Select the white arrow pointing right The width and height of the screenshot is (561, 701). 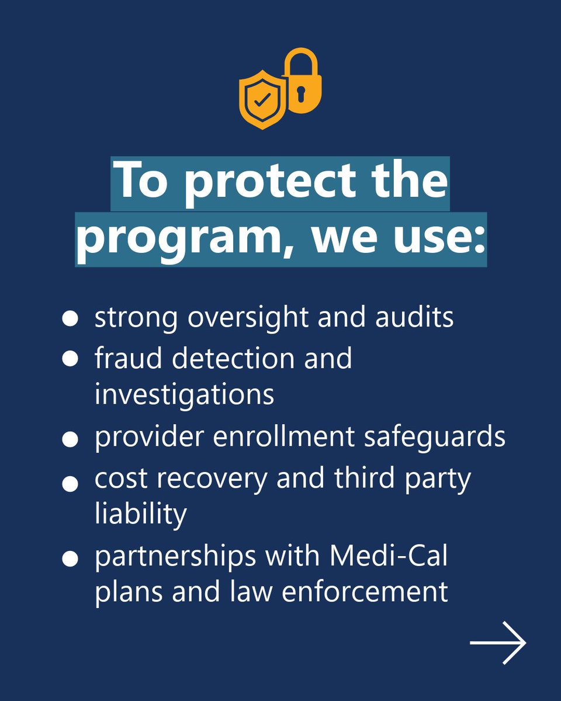[498, 643]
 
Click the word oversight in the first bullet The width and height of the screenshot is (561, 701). [254, 318]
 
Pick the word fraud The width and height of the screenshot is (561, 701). [129, 358]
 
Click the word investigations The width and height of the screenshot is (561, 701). [184, 394]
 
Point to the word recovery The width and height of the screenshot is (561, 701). [214, 479]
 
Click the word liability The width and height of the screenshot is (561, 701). [140, 514]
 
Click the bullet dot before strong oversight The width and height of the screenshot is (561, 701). [70, 318]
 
